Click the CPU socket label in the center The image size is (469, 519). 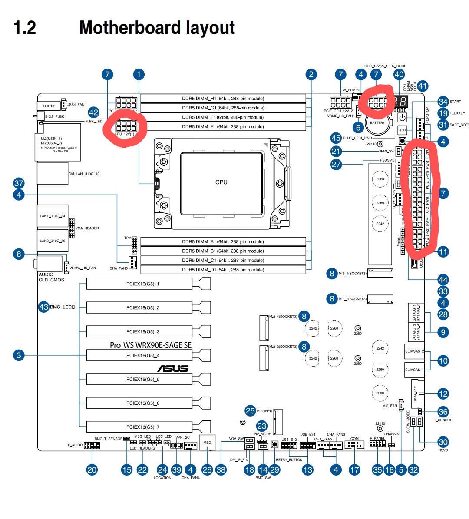pos(221,182)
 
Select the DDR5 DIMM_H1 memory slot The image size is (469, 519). pos(223,99)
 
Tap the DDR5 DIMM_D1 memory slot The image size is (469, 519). pos(223,270)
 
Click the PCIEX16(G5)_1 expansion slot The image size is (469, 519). pos(142,284)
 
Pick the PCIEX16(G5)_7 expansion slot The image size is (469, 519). pos(142,427)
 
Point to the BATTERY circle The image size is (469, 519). pos(377,122)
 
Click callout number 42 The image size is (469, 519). pos(93,112)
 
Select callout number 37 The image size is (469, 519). pos(19,183)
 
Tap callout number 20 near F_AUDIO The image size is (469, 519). pos(92,469)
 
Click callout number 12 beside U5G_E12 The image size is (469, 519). pos(443,394)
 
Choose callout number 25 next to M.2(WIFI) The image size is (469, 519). pos(250,410)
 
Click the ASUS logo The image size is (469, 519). pos(173,369)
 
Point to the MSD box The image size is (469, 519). pos(207,443)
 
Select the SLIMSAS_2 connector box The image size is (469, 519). pos(414,351)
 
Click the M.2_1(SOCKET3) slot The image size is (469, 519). pos(380,273)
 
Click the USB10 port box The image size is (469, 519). pos(49,106)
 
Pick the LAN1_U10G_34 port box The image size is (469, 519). pos(53,216)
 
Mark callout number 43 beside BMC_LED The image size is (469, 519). pos(44,307)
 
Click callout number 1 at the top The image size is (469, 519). pos(139,74)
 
